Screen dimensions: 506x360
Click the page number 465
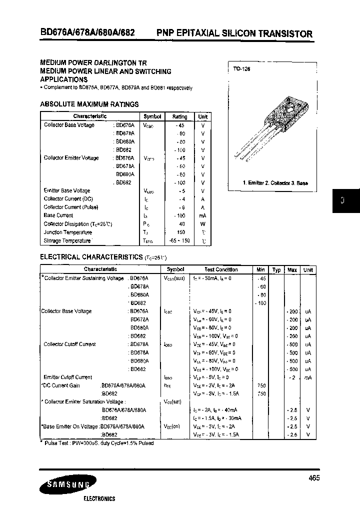tap(314, 478)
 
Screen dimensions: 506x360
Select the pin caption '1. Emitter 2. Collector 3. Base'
tap(275, 183)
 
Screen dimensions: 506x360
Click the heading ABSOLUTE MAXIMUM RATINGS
tap(89, 104)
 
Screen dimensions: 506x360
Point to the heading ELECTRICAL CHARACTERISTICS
tap(91, 257)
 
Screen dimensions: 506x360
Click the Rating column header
tap(179, 116)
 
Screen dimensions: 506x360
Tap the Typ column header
tap(276, 270)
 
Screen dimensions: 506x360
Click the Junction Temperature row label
tap(67, 232)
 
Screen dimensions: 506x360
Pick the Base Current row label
tap(58, 215)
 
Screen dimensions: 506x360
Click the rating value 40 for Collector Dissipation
tap(181, 224)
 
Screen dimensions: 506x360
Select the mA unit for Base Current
tap(203, 215)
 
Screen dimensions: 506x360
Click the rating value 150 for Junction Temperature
tap(180, 232)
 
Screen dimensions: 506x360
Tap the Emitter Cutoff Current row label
tap(68, 377)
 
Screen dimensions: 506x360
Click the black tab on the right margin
tap(342, 201)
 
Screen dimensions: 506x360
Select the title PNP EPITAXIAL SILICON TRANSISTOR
tap(234, 33)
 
